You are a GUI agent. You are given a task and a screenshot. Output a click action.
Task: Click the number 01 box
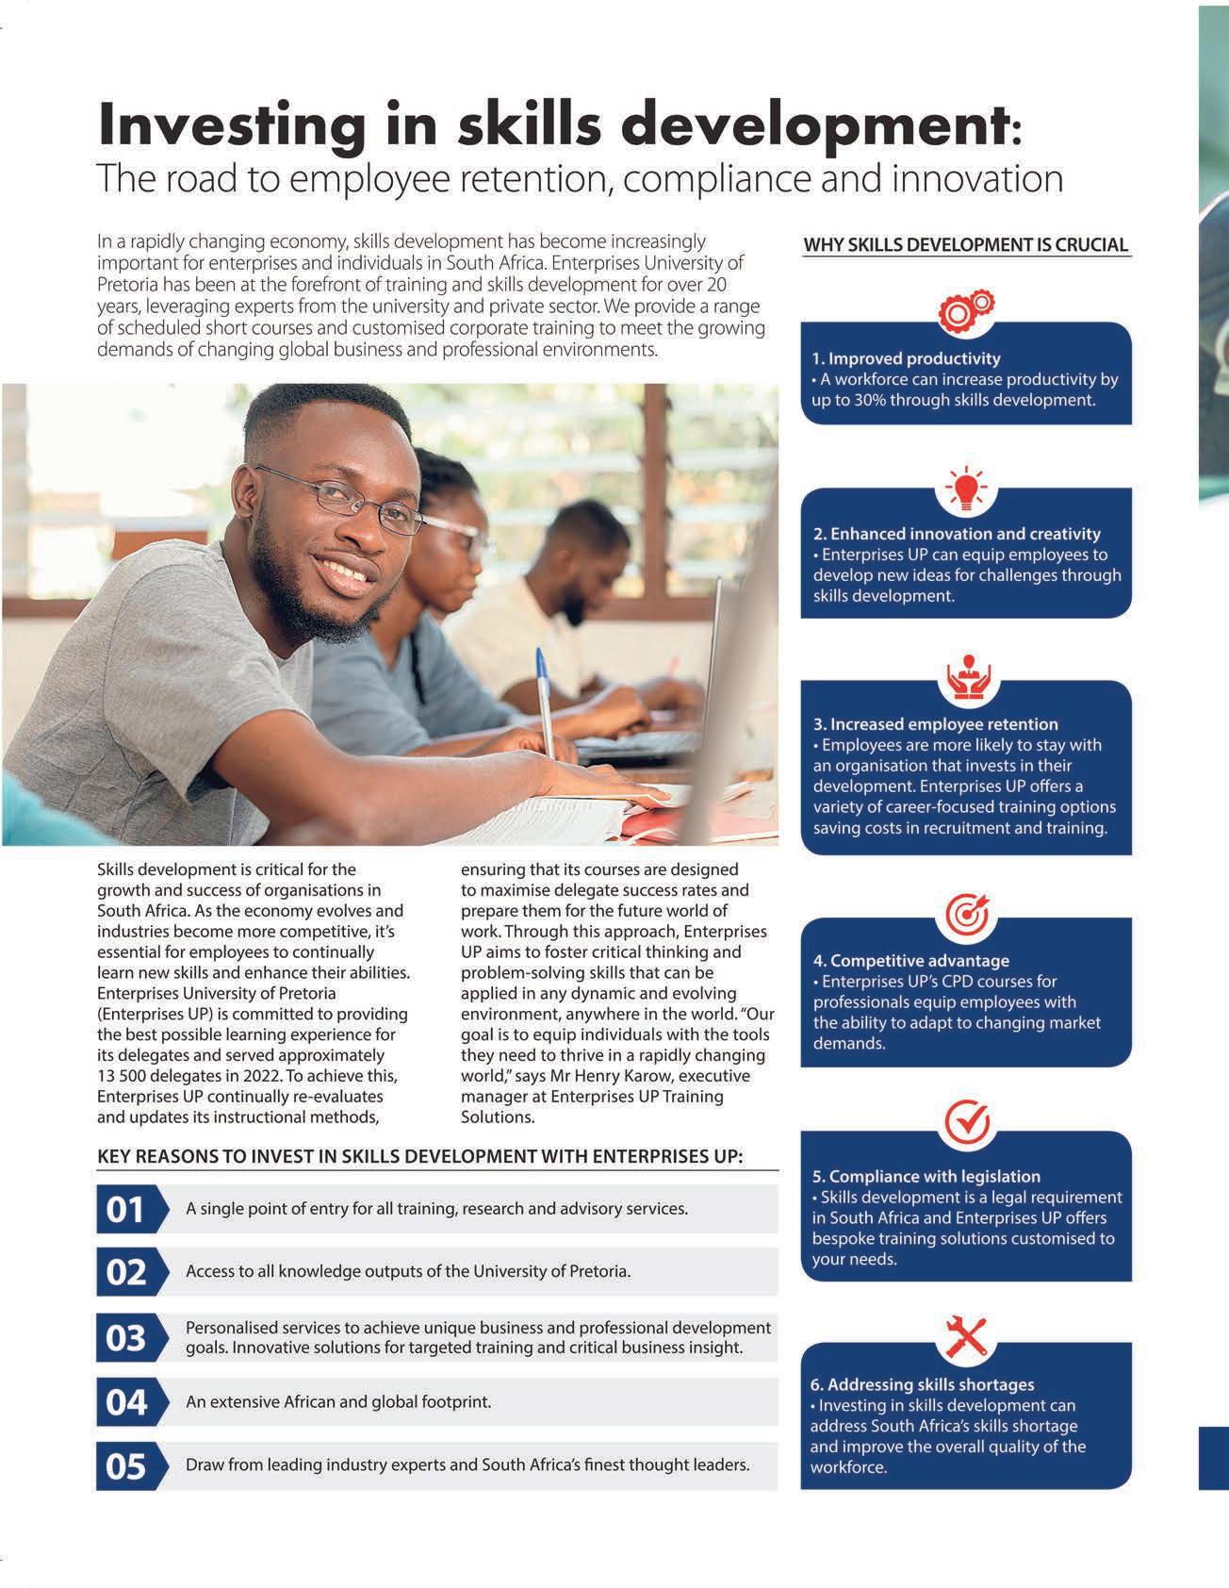click(x=126, y=1209)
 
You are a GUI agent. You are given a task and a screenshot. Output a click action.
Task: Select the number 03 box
click(x=126, y=1337)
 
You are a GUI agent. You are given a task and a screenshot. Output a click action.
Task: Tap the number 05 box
click(x=126, y=1466)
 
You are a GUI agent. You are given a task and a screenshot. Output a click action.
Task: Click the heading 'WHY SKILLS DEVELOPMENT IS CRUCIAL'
click(x=965, y=245)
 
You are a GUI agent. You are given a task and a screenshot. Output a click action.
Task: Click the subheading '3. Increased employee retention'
click(x=935, y=724)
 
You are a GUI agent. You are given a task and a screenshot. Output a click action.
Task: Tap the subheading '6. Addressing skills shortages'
click(x=922, y=1384)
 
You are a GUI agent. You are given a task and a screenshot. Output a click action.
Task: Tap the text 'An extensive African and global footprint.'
click(x=338, y=1402)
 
